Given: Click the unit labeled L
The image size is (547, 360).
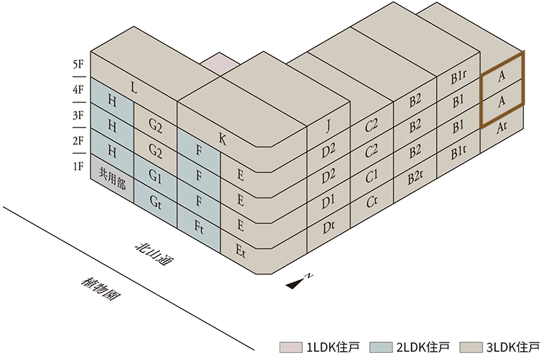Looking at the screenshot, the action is coord(134,87).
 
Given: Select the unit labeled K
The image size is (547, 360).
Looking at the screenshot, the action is coord(222,140).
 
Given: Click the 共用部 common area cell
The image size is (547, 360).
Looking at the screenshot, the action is coord(112,178).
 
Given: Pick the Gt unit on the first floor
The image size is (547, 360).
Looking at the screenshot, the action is coord(155,204).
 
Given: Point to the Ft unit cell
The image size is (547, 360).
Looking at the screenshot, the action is coord(199,228).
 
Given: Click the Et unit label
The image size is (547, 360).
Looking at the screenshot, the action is coord(241,251).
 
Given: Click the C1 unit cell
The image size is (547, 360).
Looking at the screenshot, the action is coord(372,176).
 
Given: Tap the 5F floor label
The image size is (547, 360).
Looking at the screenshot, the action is coord(79,65).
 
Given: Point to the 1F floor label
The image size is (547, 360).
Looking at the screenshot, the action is coord(79,166).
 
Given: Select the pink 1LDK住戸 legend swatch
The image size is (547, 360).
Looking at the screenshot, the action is coord(290,347).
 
